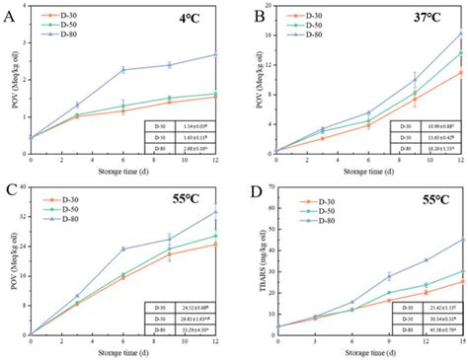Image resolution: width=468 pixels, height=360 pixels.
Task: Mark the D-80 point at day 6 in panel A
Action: click(123, 70)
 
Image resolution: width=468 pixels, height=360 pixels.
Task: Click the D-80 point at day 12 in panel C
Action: click(216, 212)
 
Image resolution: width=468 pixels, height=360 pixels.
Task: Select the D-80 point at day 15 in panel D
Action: click(463, 240)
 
